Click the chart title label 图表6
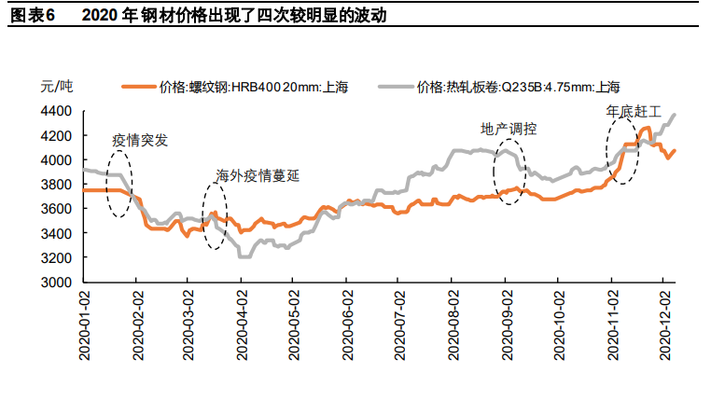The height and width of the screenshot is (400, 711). coord(32,16)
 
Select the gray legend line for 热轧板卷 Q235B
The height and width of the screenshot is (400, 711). coord(397,88)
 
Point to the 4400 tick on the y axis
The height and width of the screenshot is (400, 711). coord(58,111)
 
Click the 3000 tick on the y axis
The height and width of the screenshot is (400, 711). coord(58,282)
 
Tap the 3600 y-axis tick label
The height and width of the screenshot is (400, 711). coord(58,209)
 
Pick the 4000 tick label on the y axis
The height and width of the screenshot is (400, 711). coord(58,159)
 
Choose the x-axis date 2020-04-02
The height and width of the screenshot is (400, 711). coord(241,324)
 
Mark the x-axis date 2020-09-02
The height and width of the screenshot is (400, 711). coord(506,324)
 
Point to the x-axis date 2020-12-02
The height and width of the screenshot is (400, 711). coord(665,324)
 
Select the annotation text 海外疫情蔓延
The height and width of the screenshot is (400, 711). coord(258,175)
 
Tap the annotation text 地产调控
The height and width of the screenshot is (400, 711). coord(509,129)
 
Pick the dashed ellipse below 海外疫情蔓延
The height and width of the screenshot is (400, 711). coord(215,216)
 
